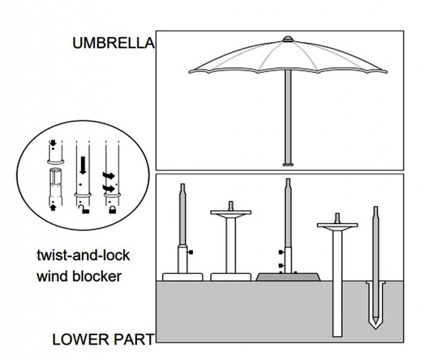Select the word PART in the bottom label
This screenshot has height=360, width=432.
pos(134,339)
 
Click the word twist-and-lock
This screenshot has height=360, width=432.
pos(83,256)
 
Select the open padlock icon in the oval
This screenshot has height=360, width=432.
pos(85,210)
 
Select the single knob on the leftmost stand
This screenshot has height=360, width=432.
pos(191,253)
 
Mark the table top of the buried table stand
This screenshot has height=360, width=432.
pos(337,225)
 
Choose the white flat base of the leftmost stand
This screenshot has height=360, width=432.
pos(182,277)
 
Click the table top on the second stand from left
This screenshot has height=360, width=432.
pos(231,213)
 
